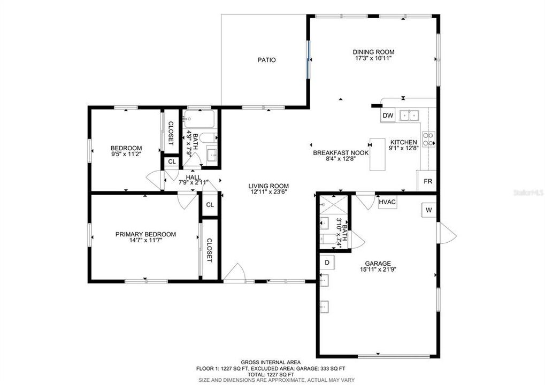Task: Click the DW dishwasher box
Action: click(388, 115)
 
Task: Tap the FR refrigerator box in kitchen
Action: click(427, 181)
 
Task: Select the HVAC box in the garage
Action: click(387, 203)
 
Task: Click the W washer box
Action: click(428, 211)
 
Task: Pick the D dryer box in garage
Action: click(327, 262)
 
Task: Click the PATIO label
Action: click(266, 60)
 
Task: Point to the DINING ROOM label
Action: click(373, 52)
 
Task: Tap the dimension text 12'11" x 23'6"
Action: click(268, 192)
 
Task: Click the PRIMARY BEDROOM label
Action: click(145, 234)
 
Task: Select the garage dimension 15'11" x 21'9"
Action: click(378, 269)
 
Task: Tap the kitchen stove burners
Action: click(428, 140)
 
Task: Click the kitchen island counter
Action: click(378, 155)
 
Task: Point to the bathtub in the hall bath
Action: click(199, 117)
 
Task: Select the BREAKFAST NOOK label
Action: click(333, 153)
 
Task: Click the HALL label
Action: click(193, 177)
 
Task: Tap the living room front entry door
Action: click(234, 274)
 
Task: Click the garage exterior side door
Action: click(446, 233)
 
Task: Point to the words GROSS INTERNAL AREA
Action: click(271, 362)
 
